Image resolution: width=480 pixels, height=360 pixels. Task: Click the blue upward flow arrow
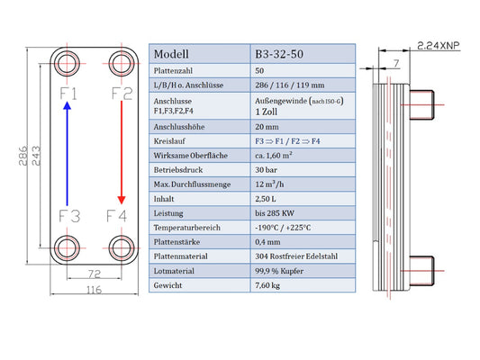(x=67, y=154)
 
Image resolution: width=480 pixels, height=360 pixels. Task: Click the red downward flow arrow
(x=122, y=152)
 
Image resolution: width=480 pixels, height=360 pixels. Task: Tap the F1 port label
(x=68, y=94)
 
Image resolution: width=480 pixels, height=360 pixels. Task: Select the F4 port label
(x=116, y=216)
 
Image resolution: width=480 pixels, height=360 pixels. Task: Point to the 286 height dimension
(x=23, y=156)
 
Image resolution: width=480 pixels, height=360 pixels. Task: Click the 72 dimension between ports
(x=94, y=274)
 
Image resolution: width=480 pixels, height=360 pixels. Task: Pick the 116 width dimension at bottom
(x=94, y=289)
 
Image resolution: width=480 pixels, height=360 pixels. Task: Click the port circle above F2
(x=122, y=64)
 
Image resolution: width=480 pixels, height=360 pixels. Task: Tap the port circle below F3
(x=67, y=247)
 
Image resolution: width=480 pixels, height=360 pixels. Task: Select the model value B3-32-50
(x=279, y=54)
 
